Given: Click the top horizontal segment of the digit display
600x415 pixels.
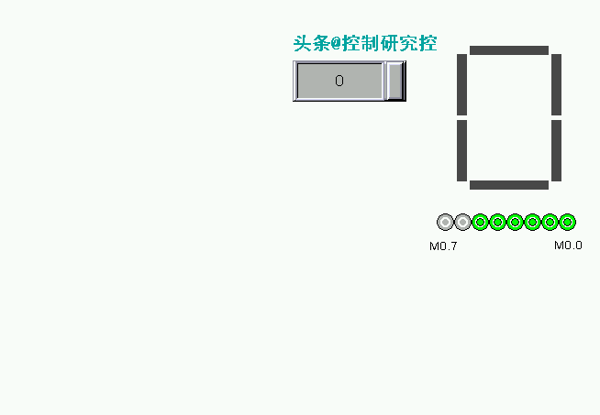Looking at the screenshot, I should (x=509, y=50).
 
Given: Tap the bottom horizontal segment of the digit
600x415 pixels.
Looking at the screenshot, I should (x=509, y=185).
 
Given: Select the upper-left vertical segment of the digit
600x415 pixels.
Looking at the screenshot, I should (x=462, y=85).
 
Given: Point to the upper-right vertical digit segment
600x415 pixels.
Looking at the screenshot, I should (x=556, y=85).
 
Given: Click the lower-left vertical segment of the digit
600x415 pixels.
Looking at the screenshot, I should (x=462, y=150).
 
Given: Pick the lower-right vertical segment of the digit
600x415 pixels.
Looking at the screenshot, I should (x=556, y=150).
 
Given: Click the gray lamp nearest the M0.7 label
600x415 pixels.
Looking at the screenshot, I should (x=446, y=222).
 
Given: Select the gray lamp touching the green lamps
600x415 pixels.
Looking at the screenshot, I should (x=463, y=222).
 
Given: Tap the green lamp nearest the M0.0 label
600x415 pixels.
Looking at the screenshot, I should (x=567, y=222).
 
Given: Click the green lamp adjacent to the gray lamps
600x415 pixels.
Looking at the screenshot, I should (x=481, y=222).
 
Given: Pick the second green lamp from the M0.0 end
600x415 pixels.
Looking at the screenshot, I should (x=550, y=222).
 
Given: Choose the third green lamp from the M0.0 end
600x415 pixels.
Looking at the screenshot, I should (x=532, y=222).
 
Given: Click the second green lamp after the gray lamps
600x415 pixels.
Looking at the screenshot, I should (x=498, y=222).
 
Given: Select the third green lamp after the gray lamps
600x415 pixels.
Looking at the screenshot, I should (x=516, y=222).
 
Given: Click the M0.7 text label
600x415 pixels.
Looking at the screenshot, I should (x=443, y=246).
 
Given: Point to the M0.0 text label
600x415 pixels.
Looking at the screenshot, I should (x=568, y=246).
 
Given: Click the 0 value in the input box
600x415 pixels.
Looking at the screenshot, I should (x=339, y=81).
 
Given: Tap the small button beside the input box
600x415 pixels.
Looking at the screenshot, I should (x=394, y=81).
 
